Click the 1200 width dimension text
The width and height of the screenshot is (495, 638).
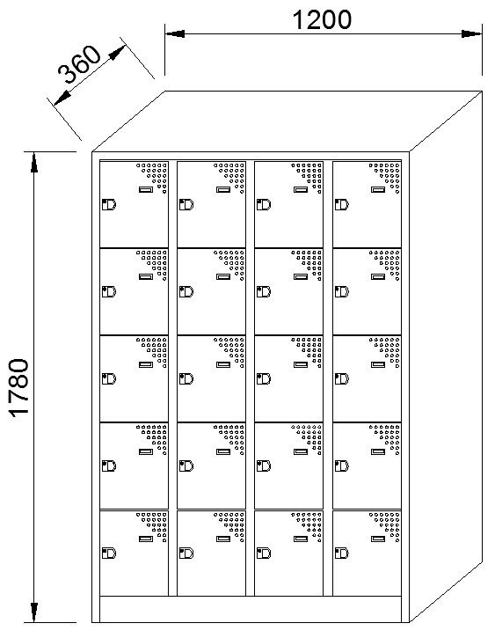(x=322, y=20)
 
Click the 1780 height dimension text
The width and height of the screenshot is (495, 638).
(x=19, y=387)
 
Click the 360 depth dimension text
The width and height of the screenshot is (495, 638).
(x=79, y=63)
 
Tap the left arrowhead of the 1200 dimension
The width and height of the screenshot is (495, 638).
(x=175, y=33)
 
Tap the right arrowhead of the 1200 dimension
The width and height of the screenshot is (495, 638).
(x=472, y=33)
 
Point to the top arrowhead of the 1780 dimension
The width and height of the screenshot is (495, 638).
(x=34, y=162)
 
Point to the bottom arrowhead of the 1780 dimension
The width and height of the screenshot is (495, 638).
(x=34, y=612)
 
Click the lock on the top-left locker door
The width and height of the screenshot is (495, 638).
(x=109, y=204)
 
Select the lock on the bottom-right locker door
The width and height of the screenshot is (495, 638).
(x=342, y=553)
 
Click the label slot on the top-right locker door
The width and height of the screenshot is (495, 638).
(x=378, y=189)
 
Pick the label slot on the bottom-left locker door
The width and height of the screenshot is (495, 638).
(x=146, y=539)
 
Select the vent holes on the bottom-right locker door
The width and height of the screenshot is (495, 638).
(x=385, y=526)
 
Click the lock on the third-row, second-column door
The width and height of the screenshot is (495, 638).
(x=186, y=378)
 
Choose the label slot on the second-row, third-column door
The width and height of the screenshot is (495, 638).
(x=301, y=276)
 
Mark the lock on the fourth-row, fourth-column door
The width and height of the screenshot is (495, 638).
(x=342, y=466)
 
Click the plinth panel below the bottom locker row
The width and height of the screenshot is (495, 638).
(x=251, y=609)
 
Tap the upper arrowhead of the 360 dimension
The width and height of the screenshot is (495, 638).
(x=118, y=53)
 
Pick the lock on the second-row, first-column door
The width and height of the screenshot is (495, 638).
(x=109, y=292)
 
